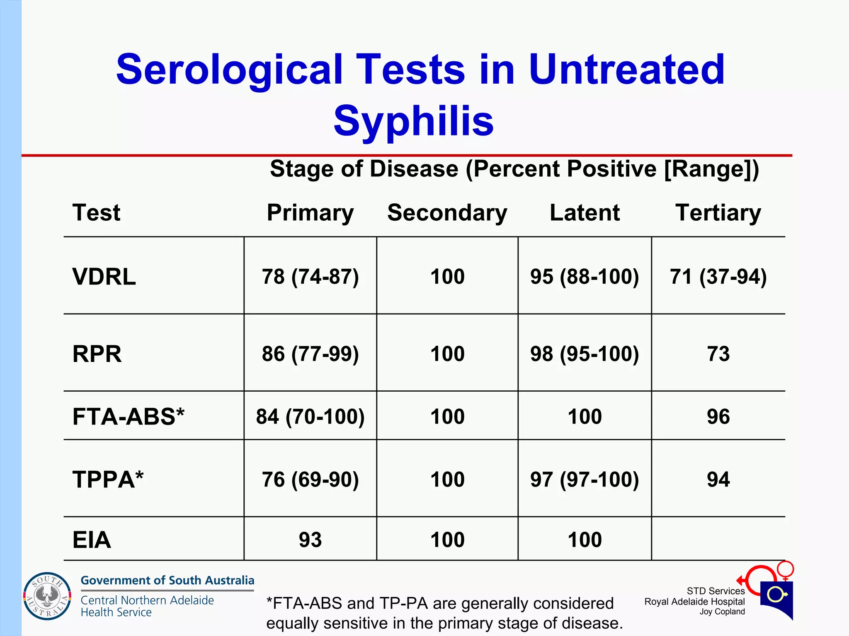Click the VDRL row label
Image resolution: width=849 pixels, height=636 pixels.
click(104, 277)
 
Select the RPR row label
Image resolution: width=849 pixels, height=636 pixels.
click(97, 354)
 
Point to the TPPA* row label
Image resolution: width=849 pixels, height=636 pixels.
click(108, 479)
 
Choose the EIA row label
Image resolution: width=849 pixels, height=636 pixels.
click(92, 540)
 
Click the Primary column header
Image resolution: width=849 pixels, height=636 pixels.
click(310, 213)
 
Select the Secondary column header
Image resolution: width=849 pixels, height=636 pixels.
click(447, 213)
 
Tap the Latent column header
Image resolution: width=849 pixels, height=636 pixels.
click(585, 213)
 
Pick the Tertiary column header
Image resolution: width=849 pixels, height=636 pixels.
click(718, 213)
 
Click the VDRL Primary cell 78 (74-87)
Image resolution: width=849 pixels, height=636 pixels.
click(310, 277)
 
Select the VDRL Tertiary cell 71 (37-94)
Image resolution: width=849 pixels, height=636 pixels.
click(718, 277)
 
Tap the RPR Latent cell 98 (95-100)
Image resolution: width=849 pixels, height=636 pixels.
click(585, 354)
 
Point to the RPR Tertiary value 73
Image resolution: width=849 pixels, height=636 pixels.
click(718, 354)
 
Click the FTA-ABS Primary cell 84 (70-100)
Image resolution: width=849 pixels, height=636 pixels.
click(310, 417)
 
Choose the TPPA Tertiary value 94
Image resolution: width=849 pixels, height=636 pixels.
click(718, 479)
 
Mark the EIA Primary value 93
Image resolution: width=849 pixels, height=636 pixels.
click(310, 540)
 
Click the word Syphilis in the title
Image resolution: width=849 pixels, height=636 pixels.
click(413, 121)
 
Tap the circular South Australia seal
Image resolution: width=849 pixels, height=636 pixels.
click(47, 596)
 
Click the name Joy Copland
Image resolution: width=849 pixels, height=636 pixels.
click(722, 612)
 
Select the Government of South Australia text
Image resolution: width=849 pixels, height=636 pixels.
click(167, 580)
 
